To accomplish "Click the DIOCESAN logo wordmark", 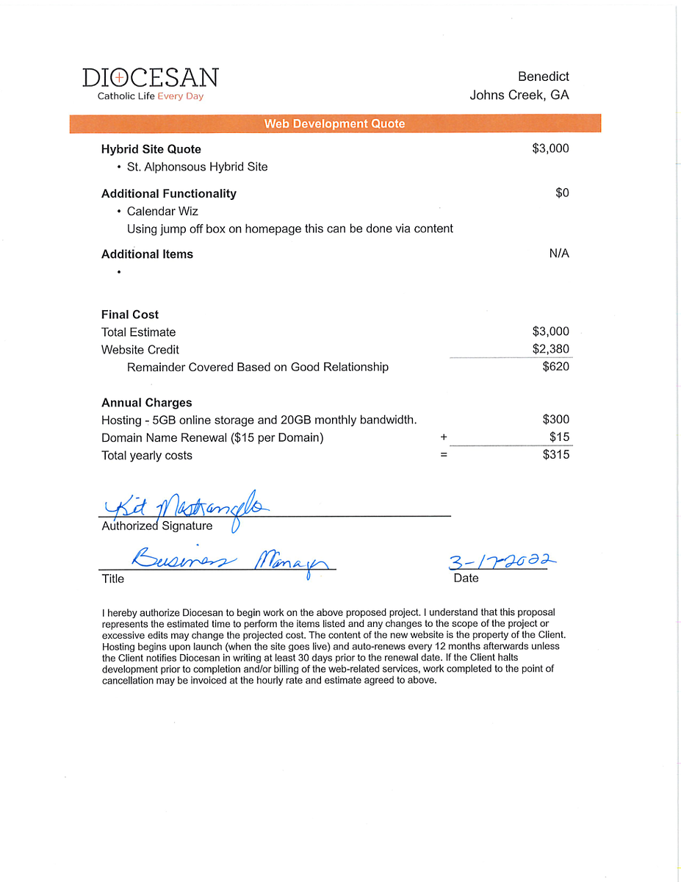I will [150, 78].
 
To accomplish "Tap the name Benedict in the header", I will [543, 76].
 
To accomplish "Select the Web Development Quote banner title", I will [334, 123].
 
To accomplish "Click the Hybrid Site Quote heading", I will [151, 149].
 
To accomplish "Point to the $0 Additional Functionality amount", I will [562, 193].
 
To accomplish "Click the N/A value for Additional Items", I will [558, 254].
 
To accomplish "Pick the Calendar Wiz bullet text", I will [162, 211].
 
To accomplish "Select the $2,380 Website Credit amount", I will [550, 349].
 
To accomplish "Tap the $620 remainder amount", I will [555, 367].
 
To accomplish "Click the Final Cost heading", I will [130, 315].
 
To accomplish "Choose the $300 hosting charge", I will [555, 420].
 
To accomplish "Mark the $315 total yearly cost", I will [555, 454].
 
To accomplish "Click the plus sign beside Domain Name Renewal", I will [444, 437].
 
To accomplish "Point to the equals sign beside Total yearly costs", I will [444, 455].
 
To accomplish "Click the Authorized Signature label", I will [156, 526].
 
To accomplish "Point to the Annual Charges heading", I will [146, 403].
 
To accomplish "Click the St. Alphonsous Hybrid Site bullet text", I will [197, 167].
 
